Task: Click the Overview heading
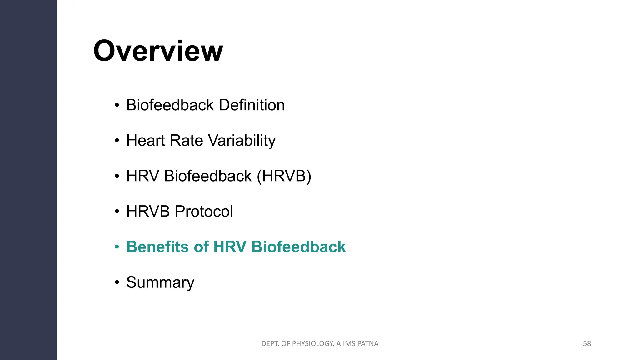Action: [x=158, y=51]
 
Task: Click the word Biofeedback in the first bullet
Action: [x=171, y=105]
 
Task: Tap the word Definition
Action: [x=252, y=105]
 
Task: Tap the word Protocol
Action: [x=204, y=211]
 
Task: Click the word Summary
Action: [x=160, y=282]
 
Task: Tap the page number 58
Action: [x=587, y=344]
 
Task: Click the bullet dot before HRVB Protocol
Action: [x=117, y=212]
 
